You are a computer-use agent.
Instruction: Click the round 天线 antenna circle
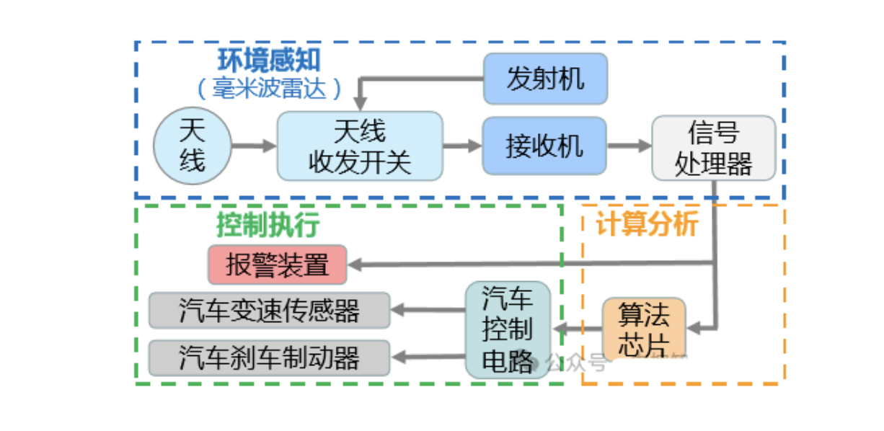click(193, 146)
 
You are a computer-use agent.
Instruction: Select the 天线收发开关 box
click(360, 146)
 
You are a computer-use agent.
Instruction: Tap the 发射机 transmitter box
click(545, 78)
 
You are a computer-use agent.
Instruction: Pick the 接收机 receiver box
click(544, 146)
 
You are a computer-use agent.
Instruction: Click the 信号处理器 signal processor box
click(713, 148)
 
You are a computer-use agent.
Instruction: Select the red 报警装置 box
click(278, 265)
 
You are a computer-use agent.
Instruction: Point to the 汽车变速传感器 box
click(270, 311)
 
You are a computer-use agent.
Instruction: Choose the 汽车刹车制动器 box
click(270, 357)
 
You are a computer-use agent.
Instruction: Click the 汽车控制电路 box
click(508, 330)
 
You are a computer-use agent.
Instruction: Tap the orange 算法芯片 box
click(644, 329)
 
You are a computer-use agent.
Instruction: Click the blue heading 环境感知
click(270, 61)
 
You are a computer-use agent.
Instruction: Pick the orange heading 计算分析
click(647, 224)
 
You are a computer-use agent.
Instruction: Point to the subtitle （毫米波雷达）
click(270, 89)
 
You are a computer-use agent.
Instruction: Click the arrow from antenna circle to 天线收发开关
click(254, 146)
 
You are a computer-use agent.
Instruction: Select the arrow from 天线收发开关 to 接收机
click(462, 146)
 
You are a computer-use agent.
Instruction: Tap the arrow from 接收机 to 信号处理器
click(629, 146)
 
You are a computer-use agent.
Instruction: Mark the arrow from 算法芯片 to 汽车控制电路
click(577, 329)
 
